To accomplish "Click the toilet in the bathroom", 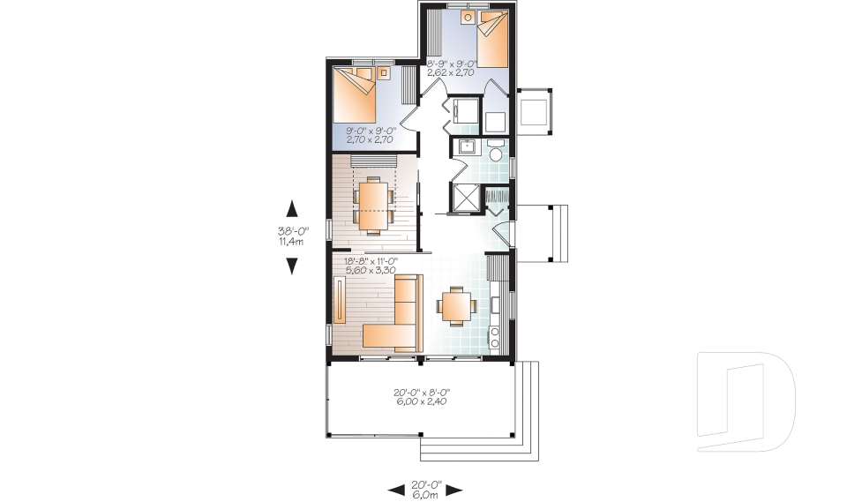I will pyautogui.click(x=496, y=157).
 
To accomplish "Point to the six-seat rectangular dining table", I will pyautogui.click(x=373, y=203).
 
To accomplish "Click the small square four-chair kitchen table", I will pyautogui.click(x=457, y=306).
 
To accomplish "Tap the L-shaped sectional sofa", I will pyautogui.click(x=397, y=318).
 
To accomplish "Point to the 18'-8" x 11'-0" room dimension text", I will pyautogui.click(x=371, y=266).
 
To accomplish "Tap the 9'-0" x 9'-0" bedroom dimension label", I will pyautogui.click(x=371, y=133).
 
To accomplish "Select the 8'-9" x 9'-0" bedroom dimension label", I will pyautogui.click(x=451, y=68).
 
